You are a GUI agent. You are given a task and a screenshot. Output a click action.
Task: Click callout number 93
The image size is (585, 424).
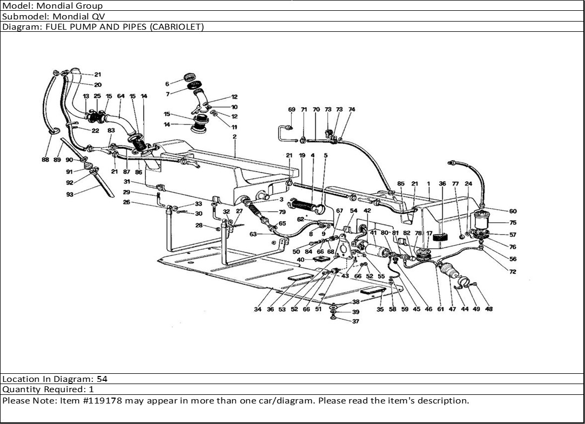70,195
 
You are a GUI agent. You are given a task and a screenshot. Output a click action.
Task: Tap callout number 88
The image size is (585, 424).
45,160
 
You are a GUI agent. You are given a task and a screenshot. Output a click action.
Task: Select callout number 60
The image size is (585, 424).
513,211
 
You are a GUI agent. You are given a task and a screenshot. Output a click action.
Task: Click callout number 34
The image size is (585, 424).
258,310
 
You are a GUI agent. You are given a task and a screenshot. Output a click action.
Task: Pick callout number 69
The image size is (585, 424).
292,110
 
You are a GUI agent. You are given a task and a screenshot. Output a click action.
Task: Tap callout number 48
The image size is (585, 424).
489,310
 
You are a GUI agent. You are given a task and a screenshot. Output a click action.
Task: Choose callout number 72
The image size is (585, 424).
513,272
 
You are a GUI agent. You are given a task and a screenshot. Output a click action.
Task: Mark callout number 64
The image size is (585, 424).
121,97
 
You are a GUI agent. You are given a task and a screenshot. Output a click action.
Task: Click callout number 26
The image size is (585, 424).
126,203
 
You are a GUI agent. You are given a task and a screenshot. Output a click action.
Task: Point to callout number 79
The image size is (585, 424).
282,212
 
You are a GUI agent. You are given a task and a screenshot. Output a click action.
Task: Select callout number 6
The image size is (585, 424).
167,84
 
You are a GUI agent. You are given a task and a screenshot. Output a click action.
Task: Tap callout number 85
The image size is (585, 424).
401,184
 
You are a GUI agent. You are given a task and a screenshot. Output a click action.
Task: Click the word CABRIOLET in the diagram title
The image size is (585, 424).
181,27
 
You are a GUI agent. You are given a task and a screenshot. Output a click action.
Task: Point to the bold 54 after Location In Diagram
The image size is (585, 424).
102,379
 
